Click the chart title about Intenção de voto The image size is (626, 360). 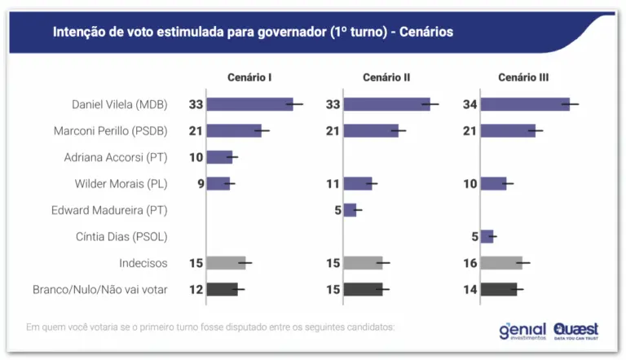[253, 32]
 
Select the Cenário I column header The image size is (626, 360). [249, 77]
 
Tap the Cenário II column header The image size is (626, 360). [386, 77]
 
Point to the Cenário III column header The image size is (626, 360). [523, 77]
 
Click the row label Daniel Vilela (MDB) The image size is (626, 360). [120, 104]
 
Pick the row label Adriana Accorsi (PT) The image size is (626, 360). [116, 157]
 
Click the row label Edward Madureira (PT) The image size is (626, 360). [109, 210]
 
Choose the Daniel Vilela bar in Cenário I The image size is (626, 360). [249, 104]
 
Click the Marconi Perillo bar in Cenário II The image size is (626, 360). [371, 130]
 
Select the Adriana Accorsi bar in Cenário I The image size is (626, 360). [219, 157]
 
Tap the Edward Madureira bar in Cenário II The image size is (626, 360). [350, 210]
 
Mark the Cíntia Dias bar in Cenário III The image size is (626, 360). [487, 236]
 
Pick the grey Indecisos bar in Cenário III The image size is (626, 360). [501, 262]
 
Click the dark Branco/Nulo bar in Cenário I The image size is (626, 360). [222, 289]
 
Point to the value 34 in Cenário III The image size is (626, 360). [469, 104]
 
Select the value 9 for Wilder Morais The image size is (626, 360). [200, 183]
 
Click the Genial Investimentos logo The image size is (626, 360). [523, 330]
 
